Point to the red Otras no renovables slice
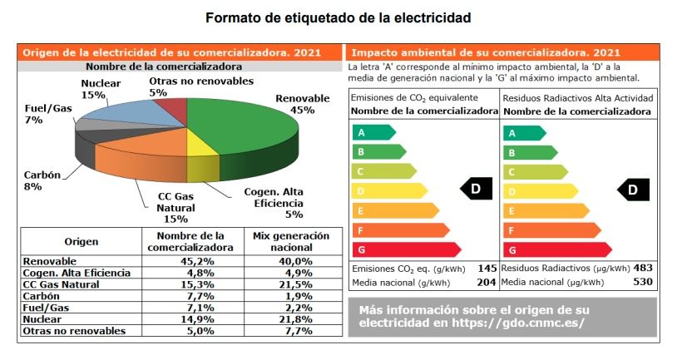(x=172, y=109)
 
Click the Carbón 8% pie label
(x=32, y=180)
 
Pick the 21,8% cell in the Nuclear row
(x=293, y=319)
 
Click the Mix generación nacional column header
(x=291, y=241)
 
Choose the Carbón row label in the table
(x=42, y=296)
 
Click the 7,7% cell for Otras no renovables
(x=293, y=331)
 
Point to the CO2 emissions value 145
(x=487, y=269)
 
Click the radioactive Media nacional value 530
(x=643, y=282)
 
